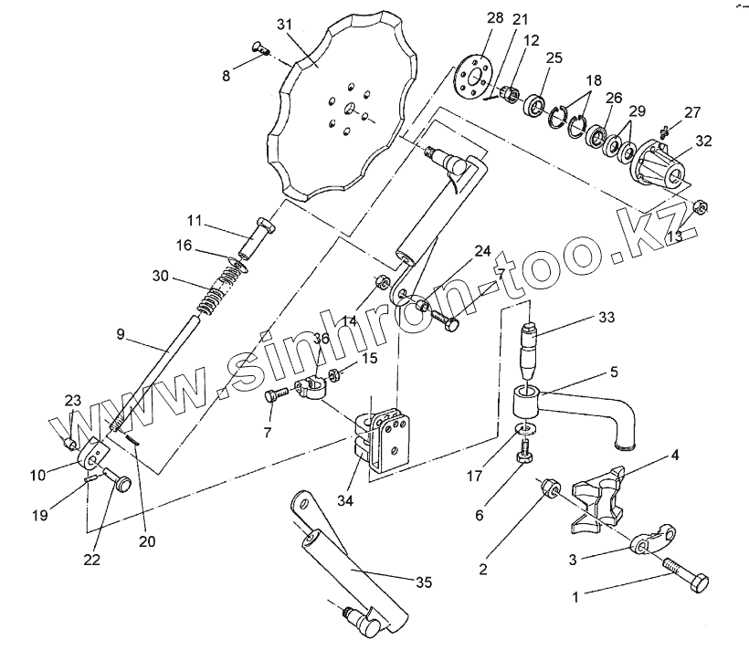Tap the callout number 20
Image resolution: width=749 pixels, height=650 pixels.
146,540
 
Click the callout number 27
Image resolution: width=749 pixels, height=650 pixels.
691,112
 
